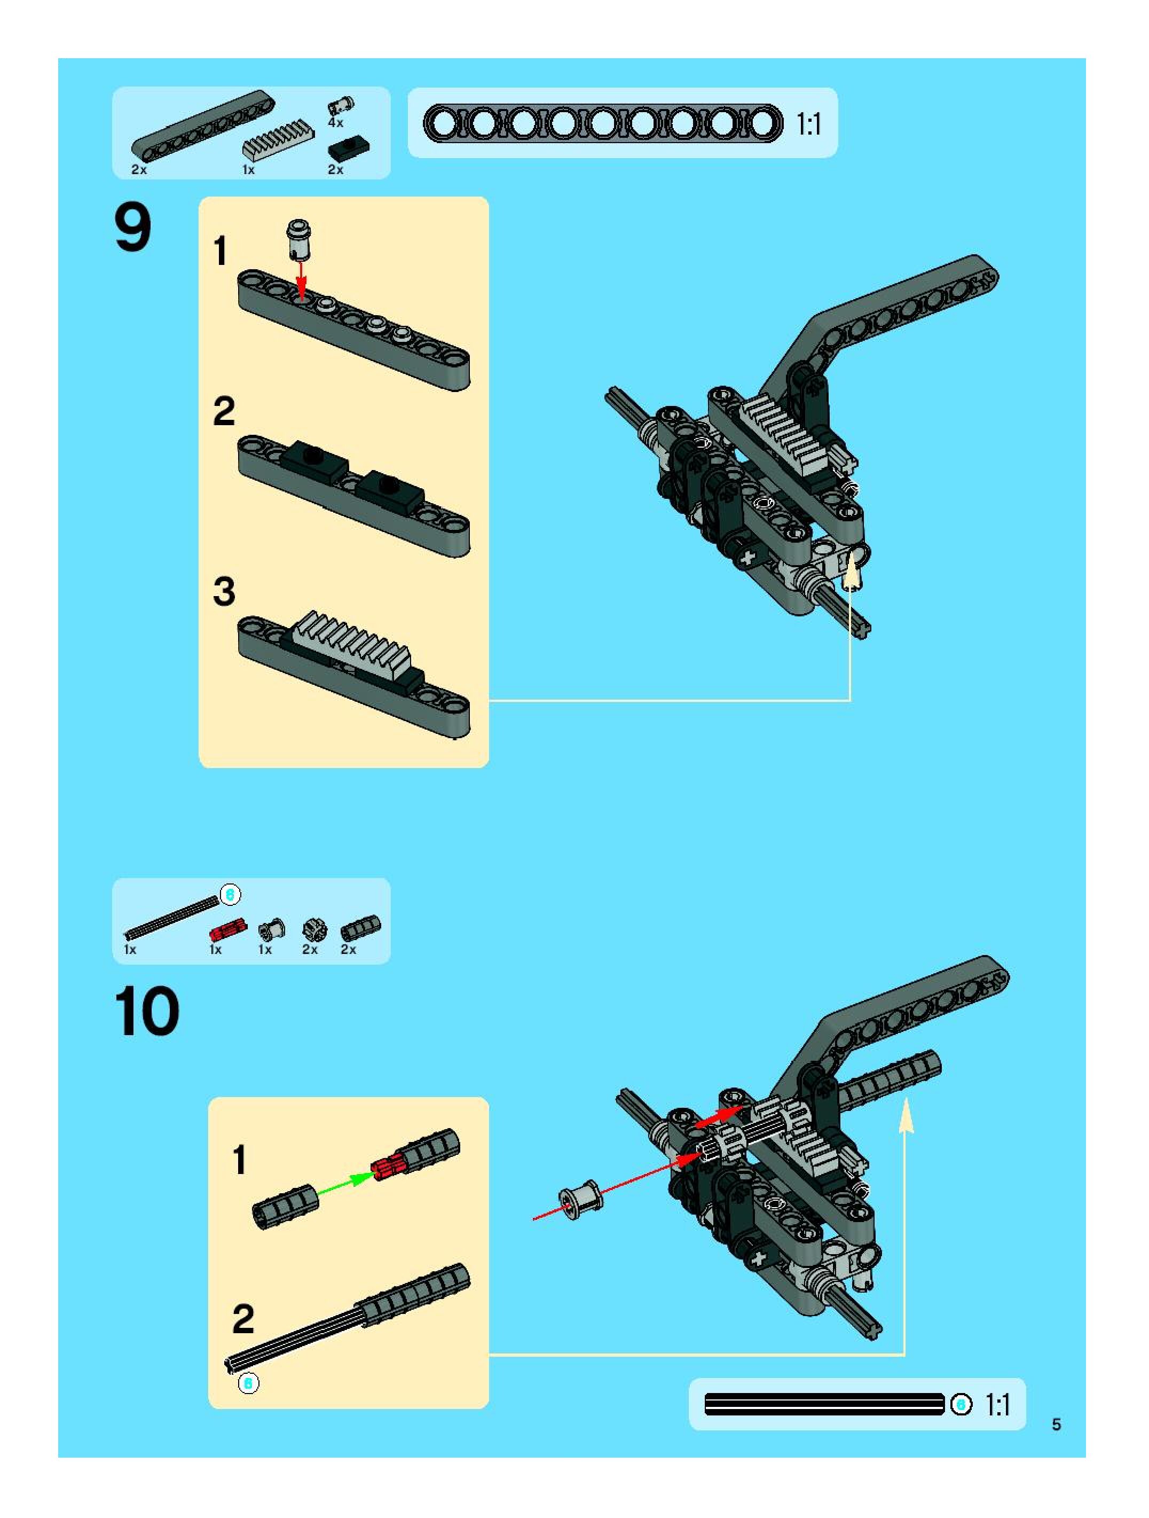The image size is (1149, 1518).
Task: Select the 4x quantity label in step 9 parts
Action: coord(335,123)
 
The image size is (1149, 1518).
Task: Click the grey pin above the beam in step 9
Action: coord(299,238)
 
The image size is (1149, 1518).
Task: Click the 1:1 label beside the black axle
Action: coord(998,1405)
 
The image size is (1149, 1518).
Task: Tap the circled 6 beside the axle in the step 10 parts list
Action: coord(231,894)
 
